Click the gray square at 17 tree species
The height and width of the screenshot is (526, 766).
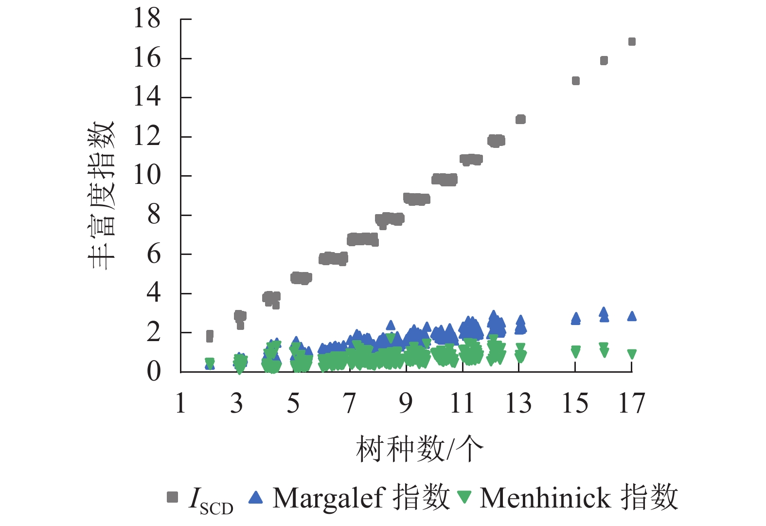pyautogui.click(x=632, y=42)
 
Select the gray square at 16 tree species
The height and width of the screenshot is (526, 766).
pyautogui.click(x=604, y=61)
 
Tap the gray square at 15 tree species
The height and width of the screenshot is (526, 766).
pyautogui.click(x=575, y=81)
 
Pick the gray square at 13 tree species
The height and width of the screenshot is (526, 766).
pyautogui.click(x=520, y=119)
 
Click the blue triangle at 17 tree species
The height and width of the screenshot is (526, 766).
pyautogui.click(x=632, y=316)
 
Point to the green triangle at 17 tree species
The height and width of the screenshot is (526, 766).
pyautogui.click(x=632, y=354)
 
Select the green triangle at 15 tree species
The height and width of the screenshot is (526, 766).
pyautogui.click(x=575, y=351)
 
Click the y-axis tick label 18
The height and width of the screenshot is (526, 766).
pyautogui.click(x=147, y=19)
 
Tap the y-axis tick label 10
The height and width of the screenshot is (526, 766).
pyautogui.click(x=147, y=176)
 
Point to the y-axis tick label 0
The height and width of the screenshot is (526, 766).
pyautogui.click(x=154, y=372)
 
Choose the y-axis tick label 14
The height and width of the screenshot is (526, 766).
pyautogui.click(x=147, y=97)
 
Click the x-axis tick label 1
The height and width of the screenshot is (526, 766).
pyautogui.click(x=180, y=403)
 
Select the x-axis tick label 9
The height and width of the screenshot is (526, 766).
pyautogui.click(x=406, y=403)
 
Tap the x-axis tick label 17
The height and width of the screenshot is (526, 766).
pyautogui.click(x=632, y=403)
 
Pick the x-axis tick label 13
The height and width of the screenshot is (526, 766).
pyautogui.click(x=518, y=403)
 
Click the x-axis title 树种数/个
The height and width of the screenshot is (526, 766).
pyautogui.click(x=419, y=449)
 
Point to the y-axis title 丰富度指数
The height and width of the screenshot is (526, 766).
pyautogui.click(x=101, y=195)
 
